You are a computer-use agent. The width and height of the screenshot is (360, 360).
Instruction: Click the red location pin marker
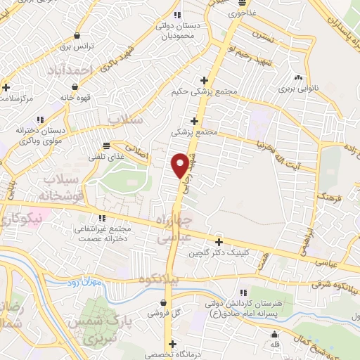pyautogui.click(x=181, y=165)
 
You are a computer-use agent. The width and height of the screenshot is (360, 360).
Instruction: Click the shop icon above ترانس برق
pyautogui.click(x=76, y=36)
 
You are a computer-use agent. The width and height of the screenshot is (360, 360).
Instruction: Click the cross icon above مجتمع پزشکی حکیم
pyautogui.click(x=204, y=79)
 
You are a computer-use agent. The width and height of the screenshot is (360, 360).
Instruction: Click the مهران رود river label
pyautogui.click(x=87, y=283)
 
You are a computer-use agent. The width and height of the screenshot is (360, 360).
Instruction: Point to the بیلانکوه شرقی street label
pyautogui.click(x=330, y=285)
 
